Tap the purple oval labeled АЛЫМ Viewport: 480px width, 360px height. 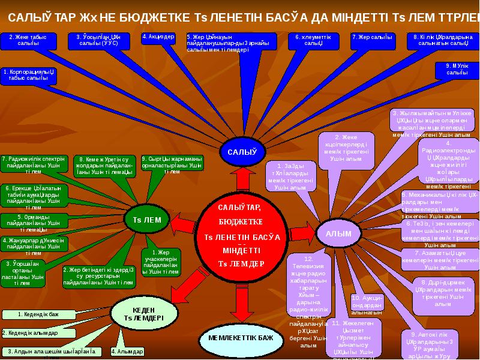tap(338, 233)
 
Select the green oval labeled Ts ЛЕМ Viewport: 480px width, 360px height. tap(147, 220)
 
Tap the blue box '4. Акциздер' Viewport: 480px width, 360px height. tap(158, 37)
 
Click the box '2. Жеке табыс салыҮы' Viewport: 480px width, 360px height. tap(23, 41)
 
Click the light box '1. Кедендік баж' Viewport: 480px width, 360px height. tap(38, 314)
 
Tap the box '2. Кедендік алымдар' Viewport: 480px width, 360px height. tap(30, 333)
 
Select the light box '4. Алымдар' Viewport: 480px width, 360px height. tap(127, 351)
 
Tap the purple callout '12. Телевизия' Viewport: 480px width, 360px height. tap(308, 300)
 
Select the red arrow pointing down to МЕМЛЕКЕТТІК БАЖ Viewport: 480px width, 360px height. tap(241, 306)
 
